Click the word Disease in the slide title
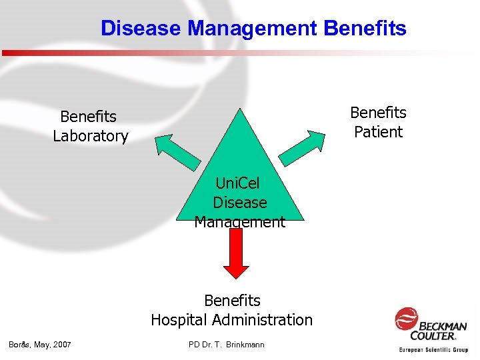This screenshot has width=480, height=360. tap(141, 29)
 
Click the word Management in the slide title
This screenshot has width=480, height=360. tap(253, 29)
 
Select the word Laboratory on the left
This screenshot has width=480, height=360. tap(91, 136)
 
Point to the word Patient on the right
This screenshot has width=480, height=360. tap(378, 132)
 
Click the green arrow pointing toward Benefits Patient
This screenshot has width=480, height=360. tap(307, 146)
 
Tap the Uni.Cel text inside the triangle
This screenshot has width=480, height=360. tap(238, 183)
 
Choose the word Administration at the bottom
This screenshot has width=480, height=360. tap(271, 320)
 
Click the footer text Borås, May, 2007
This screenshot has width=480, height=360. tap(40, 344)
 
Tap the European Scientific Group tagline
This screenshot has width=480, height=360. tap(433, 349)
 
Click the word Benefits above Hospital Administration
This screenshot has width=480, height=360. tap(232, 301)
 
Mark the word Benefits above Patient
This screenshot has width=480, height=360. tap(378, 113)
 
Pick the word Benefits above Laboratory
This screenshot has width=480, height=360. tap(88, 117)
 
